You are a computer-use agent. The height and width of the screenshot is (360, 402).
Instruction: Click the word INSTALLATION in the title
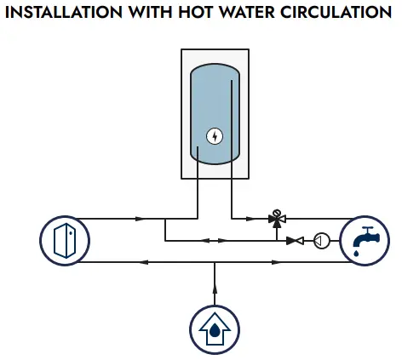click(x=64, y=12)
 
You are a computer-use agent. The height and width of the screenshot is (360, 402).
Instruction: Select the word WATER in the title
click(x=247, y=12)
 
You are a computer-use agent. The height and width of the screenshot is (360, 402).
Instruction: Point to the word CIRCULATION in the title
click(x=336, y=12)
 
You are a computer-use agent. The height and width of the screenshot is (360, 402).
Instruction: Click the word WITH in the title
click(x=151, y=12)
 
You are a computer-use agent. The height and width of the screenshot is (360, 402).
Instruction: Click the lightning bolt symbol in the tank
click(x=215, y=136)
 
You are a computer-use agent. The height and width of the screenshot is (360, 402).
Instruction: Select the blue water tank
click(x=215, y=114)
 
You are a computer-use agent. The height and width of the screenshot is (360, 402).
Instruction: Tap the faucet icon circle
click(x=365, y=241)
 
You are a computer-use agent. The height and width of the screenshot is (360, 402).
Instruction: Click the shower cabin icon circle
click(x=65, y=241)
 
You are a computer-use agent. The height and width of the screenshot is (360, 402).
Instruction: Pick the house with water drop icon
click(x=215, y=330)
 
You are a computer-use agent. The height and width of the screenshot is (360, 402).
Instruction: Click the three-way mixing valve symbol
click(x=277, y=219)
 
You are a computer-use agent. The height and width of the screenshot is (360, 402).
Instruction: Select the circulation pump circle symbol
click(x=322, y=241)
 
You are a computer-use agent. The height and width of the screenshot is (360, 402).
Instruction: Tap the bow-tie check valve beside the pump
click(x=295, y=241)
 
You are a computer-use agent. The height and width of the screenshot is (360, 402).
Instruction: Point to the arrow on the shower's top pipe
click(x=141, y=219)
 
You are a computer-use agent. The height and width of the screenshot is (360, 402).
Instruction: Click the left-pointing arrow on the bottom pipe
click(x=143, y=262)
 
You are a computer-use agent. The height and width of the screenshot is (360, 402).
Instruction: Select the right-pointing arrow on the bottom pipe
click(x=277, y=262)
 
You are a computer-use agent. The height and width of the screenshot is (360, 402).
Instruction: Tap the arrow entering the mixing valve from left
click(x=251, y=219)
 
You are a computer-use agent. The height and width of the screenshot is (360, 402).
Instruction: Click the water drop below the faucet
click(x=356, y=253)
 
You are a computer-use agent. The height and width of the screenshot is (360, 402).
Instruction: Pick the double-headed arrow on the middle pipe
click(x=215, y=241)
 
